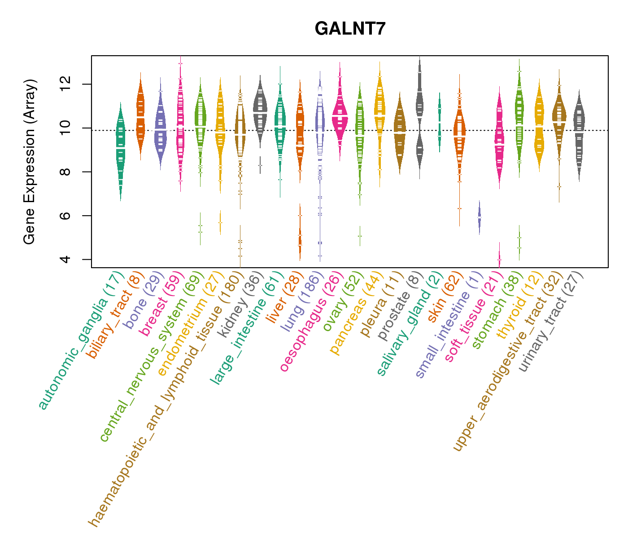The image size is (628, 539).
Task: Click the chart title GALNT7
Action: (350, 29)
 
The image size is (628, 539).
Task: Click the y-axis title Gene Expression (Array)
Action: (30, 162)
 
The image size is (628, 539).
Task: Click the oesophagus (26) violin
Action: (340, 118)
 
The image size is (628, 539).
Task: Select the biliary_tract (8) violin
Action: (140, 117)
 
